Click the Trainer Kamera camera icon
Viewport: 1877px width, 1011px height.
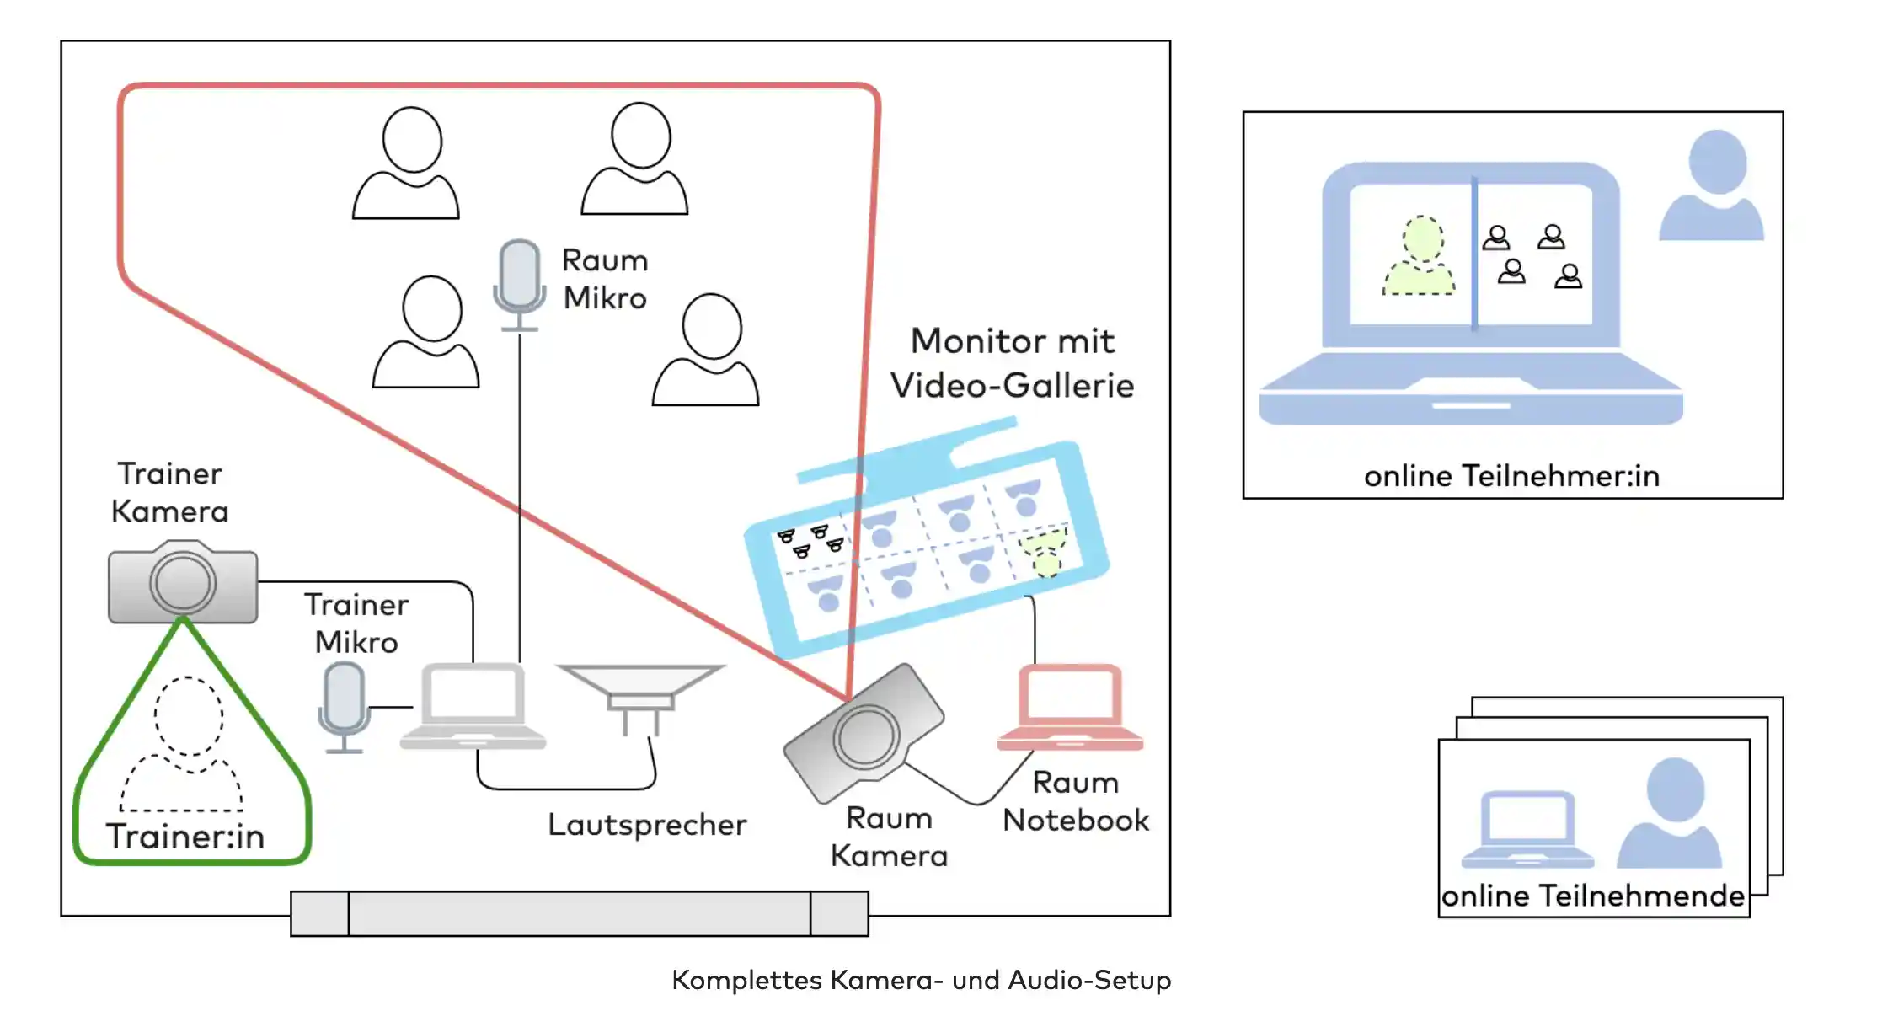pos(183,582)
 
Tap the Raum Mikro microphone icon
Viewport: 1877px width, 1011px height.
pos(519,285)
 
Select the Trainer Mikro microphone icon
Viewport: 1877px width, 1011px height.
pos(344,707)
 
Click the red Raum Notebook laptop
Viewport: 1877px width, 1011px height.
pos(1070,707)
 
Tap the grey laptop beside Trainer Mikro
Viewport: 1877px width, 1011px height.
pos(473,706)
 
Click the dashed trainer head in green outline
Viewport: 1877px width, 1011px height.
pos(189,715)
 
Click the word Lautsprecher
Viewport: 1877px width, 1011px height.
pos(647,825)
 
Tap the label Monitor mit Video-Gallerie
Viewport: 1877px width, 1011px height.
pos(1013,363)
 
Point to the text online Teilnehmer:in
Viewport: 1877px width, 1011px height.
pos(1512,476)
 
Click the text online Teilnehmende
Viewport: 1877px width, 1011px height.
pos(1593,896)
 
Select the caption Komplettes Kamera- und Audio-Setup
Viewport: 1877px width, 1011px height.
pos(922,980)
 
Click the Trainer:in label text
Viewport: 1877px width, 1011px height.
pos(185,837)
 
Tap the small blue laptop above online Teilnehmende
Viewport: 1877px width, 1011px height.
pos(1527,829)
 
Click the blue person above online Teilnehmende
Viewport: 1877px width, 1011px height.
pos(1671,812)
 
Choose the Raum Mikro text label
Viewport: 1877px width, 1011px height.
pos(605,279)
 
